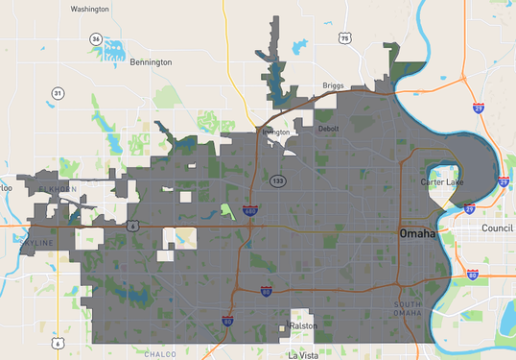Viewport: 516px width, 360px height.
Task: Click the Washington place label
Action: coord(90,9)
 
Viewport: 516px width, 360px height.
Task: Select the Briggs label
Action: coord(333,84)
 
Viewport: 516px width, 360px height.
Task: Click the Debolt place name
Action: coord(328,128)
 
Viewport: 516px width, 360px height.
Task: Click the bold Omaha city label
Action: coord(417,234)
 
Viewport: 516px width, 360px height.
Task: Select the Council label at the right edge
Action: coord(498,228)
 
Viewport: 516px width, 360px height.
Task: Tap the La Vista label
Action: coord(307,354)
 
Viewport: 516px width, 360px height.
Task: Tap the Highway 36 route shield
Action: coord(96,38)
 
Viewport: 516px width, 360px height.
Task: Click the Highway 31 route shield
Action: coord(59,93)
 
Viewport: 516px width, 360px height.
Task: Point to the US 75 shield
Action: coord(344,38)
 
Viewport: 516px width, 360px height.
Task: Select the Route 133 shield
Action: coord(277,180)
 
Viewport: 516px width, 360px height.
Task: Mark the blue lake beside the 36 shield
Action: coord(114,51)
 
